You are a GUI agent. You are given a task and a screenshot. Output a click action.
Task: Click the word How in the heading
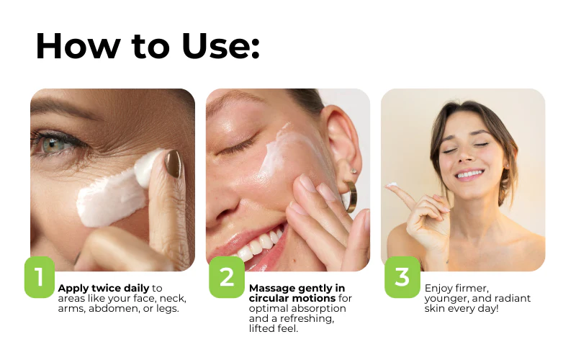(78, 46)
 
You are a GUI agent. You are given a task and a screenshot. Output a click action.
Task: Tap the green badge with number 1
(40, 277)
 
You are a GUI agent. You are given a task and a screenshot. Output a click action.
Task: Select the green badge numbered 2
(227, 277)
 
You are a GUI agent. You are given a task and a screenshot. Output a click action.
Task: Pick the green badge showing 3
(402, 277)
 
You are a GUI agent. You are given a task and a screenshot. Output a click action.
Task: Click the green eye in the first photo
(53, 145)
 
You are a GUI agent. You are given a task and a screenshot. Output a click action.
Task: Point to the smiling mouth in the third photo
(469, 174)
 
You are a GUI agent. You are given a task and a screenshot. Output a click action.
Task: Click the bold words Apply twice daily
(104, 289)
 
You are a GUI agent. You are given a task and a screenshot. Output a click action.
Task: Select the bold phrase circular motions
(292, 298)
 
